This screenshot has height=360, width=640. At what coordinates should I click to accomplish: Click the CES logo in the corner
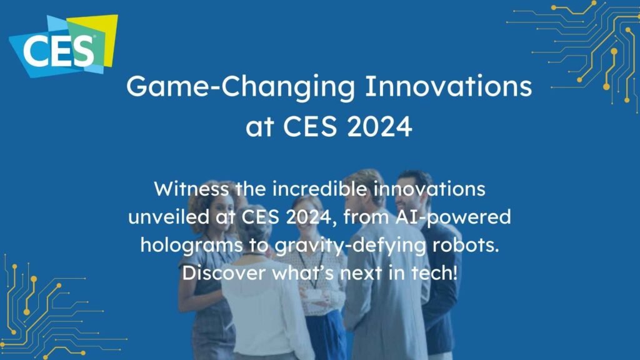pyautogui.click(x=62, y=45)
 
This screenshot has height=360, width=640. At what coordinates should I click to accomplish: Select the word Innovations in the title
pyautogui.click(x=448, y=87)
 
